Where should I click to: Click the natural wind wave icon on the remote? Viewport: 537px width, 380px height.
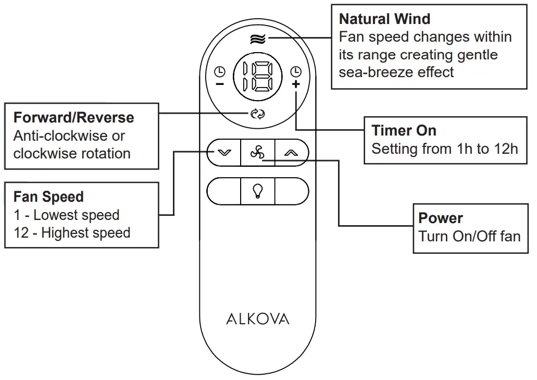(258, 39)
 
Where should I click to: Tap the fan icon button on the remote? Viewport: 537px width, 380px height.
(257, 153)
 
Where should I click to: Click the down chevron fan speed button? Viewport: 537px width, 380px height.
(224, 153)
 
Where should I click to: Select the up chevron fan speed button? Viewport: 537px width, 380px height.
(291, 153)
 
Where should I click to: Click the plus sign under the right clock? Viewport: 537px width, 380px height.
(296, 84)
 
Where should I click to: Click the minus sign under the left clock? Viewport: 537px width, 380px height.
(220, 84)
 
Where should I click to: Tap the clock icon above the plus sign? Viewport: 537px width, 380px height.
(296, 71)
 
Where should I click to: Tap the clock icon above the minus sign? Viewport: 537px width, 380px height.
(220, 71)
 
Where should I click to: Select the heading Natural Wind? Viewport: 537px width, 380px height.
(384, 19)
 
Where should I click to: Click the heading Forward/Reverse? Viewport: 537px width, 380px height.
(73, 117)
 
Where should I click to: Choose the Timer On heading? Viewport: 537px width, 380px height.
(404, 130)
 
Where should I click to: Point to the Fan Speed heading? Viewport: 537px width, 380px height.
(48, 197)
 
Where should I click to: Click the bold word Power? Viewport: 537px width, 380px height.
(441, 218)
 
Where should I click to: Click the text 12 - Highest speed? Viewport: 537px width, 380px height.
(72, 232)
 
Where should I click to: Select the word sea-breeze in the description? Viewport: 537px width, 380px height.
(370, 72)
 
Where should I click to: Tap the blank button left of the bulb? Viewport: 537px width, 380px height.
(224, 191)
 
